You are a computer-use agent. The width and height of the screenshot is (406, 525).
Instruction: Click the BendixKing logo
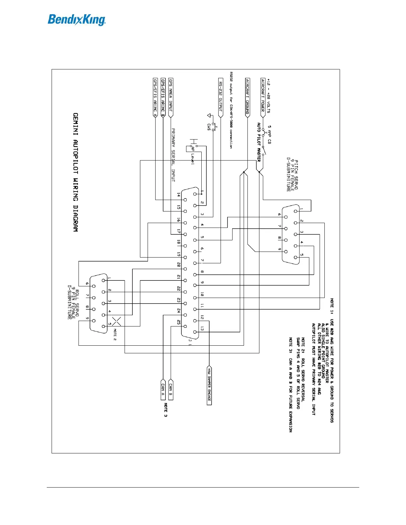77,20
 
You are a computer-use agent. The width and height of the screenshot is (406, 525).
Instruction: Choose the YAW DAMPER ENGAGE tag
209,385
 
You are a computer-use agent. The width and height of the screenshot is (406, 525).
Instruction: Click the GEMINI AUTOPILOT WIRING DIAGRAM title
76,172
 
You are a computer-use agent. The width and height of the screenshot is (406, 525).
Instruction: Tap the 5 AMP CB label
269,134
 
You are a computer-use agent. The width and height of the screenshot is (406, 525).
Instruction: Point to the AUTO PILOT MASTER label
259,142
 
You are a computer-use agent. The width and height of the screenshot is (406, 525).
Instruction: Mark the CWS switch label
209,127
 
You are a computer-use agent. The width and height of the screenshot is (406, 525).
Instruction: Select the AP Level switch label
193,156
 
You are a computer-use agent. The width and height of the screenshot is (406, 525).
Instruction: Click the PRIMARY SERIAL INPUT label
173,155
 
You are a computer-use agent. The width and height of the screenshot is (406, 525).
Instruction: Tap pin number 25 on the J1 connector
179,322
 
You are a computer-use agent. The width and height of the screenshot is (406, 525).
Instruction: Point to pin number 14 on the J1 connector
179,195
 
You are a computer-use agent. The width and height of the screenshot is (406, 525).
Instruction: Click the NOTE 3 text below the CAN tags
166,410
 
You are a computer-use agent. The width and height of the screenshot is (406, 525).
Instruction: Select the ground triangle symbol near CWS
209,115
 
